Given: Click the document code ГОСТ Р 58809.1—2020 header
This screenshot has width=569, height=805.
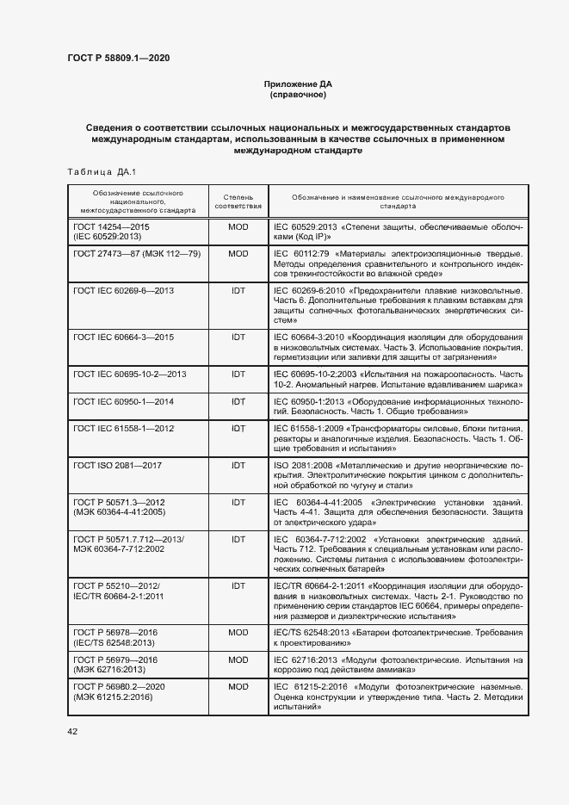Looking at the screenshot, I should (118, 58).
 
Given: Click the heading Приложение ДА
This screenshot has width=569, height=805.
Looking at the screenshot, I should (296, 84).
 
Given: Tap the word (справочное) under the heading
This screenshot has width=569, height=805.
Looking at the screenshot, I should (296, 95).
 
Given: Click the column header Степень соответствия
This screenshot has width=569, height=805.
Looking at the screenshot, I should (238, 201).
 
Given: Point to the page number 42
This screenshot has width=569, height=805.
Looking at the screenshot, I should (72, 731).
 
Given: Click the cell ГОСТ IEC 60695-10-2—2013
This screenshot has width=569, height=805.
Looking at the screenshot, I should (130, 374).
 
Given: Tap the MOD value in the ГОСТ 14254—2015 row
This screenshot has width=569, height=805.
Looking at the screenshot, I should (238, 226).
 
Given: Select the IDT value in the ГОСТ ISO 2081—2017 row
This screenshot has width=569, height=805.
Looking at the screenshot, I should (238, 465).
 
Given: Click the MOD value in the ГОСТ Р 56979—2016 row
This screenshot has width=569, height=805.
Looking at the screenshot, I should (238, 659).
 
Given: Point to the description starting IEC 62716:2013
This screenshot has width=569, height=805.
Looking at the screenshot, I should (398, 665).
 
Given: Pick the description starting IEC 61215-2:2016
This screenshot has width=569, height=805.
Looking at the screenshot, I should (398, 696).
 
